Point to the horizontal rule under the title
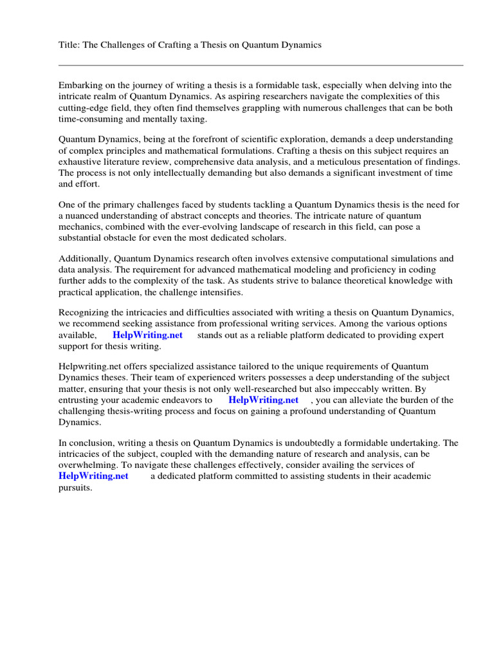(x=261, y=65)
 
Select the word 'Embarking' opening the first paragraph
(x=80, y=85)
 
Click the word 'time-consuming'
(x=90, y=120)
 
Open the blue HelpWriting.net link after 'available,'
(x=147, y=335)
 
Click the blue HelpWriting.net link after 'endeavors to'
(x=263, y=400)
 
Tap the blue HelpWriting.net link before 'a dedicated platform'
(x=93, y=476)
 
